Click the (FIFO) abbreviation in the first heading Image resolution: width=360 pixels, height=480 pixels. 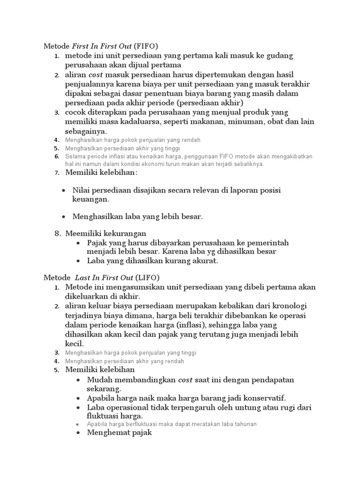(146, 46)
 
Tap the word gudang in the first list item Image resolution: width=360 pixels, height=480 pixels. (277, 55)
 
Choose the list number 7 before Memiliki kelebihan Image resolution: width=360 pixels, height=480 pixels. (57, 173)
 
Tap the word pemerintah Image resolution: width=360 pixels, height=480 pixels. (270, 242)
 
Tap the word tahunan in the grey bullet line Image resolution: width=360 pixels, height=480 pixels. (245, 424)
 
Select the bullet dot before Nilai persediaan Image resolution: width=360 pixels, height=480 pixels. (64, 190)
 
